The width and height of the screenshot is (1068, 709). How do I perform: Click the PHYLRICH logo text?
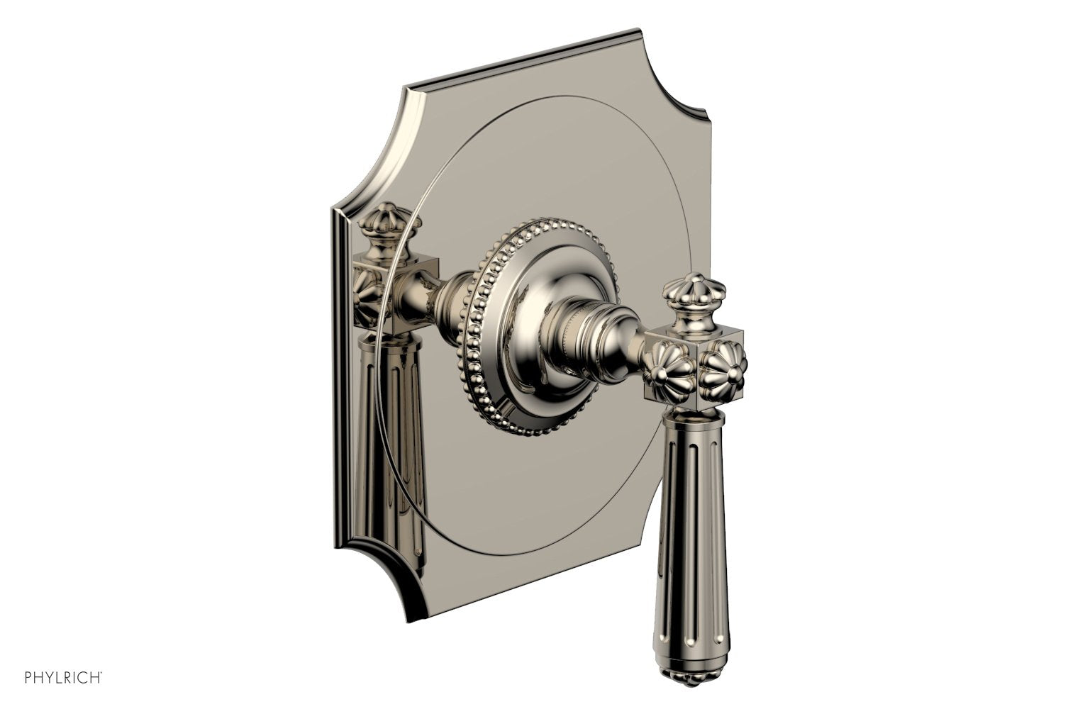(54, 691)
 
